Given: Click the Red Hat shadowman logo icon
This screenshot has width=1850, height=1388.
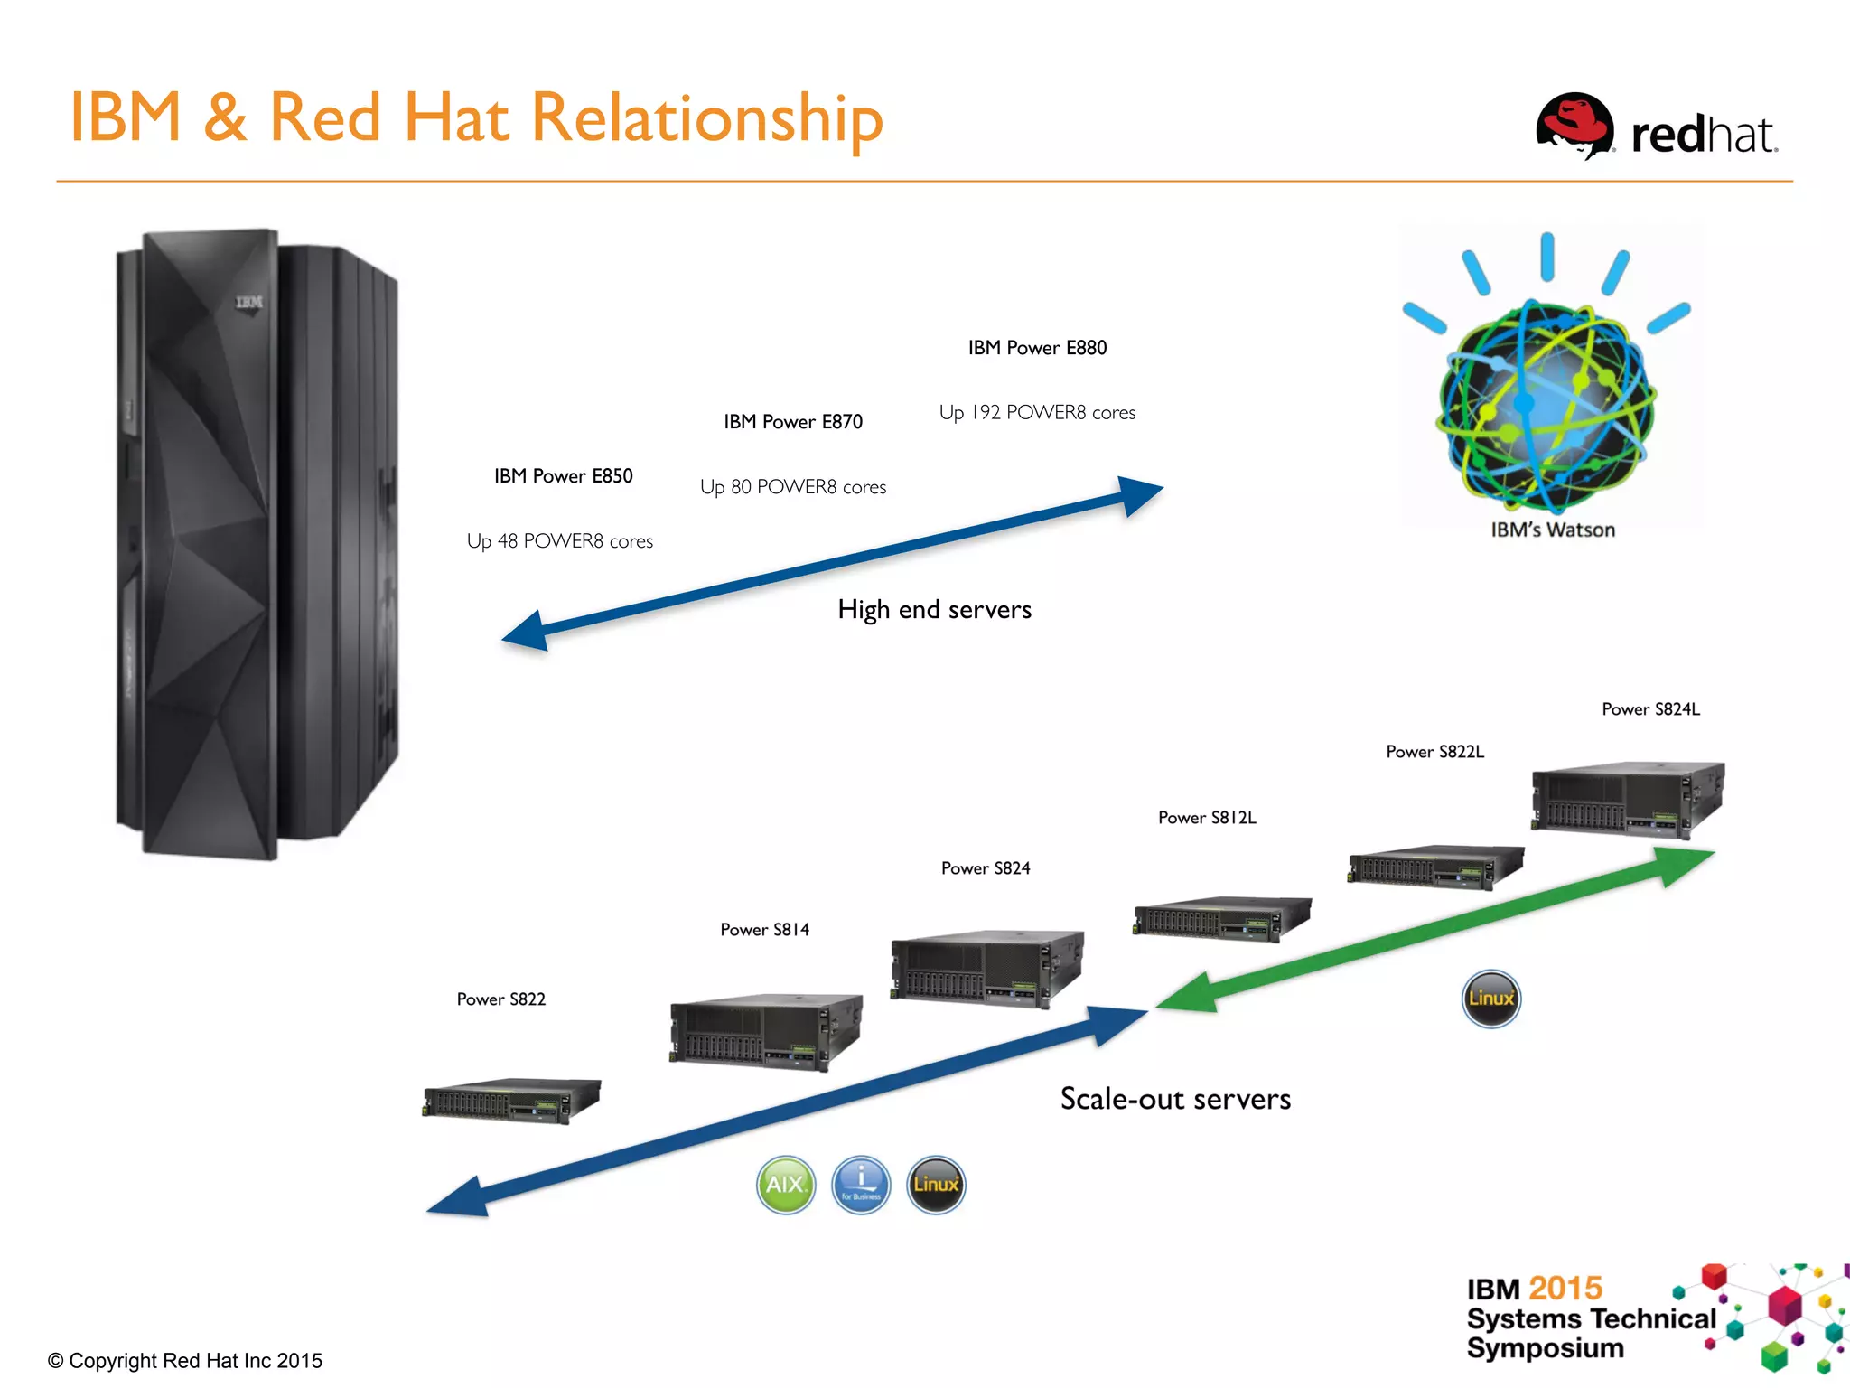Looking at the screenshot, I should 1574,127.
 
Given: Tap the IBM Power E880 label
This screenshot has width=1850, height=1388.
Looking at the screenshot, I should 1037,348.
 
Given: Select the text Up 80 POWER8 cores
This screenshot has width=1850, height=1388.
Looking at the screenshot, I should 793,487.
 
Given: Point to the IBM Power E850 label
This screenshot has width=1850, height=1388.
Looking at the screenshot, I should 563,476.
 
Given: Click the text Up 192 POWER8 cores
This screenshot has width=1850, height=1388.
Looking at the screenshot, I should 1037,413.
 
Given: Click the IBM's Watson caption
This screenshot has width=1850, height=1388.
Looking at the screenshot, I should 1552,530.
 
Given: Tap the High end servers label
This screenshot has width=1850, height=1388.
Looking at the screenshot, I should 934,610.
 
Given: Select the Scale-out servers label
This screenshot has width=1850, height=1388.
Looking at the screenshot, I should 1175,1099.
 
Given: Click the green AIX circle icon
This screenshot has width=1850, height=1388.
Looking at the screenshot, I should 785,1185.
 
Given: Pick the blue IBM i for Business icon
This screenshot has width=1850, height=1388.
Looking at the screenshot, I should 861,1185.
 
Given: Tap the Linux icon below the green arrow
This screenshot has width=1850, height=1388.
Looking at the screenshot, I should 1490,999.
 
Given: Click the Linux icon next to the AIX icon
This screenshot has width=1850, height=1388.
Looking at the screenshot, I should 936,1185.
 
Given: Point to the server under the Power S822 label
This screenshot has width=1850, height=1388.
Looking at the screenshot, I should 511,1100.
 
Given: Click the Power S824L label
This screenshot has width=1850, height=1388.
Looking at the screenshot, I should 1650,709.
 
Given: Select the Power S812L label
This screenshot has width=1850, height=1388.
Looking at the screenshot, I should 1207,818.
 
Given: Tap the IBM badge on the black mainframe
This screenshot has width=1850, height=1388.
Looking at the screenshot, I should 249,302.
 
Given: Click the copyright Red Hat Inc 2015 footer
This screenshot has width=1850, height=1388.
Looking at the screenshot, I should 185,1361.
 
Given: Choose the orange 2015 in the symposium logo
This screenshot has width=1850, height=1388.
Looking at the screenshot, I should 1565,1288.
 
